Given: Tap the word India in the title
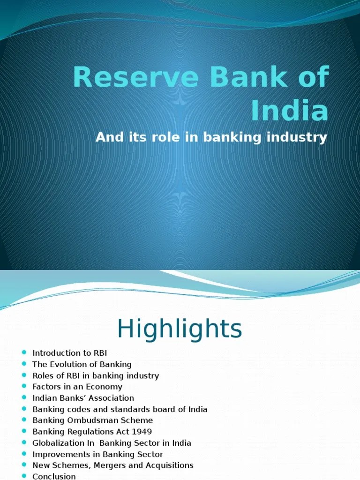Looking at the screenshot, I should [289, 111].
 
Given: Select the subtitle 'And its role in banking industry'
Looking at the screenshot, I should [211, 138].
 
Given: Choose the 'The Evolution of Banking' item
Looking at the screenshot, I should [82, 364].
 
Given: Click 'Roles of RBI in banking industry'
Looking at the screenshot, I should [96, 375].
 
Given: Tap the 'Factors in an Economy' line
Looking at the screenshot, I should [77, 387].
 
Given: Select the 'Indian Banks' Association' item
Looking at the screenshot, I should [83, 398].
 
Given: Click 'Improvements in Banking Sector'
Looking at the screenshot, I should [97, 454].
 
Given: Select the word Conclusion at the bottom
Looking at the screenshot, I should [54, 476].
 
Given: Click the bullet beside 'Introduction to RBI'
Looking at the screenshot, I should [24, 353].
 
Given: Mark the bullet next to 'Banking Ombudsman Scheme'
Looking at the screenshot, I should [24, 420].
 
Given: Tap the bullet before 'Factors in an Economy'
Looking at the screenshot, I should [24, 387].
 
